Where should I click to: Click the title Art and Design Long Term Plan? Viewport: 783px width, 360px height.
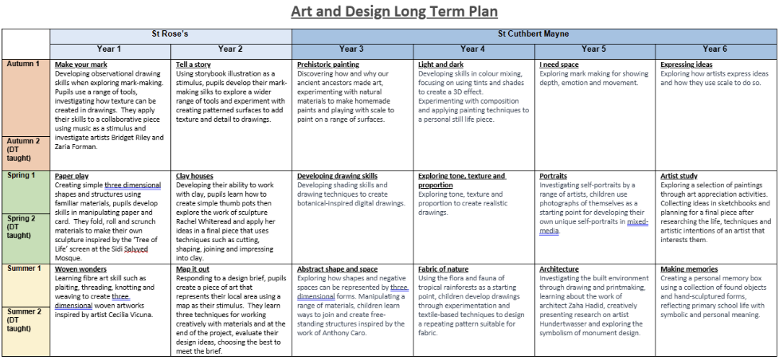pyautogui.click(x=393, y=11)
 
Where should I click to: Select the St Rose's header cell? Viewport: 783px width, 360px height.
pyautogui.click(x=170, y=34)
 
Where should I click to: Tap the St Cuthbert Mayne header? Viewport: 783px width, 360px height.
pyautogui.click(x=533, y=34)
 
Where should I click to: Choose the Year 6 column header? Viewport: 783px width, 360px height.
pyautogui.click(x=714, y=49)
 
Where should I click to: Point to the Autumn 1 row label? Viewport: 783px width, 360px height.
pyautogui.click(x=24, y=64)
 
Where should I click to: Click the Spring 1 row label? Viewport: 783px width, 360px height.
pyautogui.click(x=22, y=175)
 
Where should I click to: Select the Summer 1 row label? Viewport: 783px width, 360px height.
pyautogui.click(x=24, y=268)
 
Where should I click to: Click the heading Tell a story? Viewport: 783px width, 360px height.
pyautogui.click(x=194, y=65)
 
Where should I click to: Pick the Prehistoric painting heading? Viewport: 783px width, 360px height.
pyautogui.click(x=328, y=65)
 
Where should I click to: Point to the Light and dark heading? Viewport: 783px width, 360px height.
pyautogui.click(x=441, y=65)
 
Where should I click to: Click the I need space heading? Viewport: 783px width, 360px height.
pyautogui.click(x=558, y=65)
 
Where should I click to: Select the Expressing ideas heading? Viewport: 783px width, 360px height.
pyautogui.click(x=687, y=65)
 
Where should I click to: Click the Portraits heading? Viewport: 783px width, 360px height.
pyautogui.click(x=553, y=176)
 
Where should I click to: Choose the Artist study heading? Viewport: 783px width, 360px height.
pyautogui.click(x=679, y=176)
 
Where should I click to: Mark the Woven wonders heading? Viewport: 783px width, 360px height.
pyautogui.click(x=80, y=269)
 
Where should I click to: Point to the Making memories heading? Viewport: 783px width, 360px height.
pyautogui.click(x=689, y=269)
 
